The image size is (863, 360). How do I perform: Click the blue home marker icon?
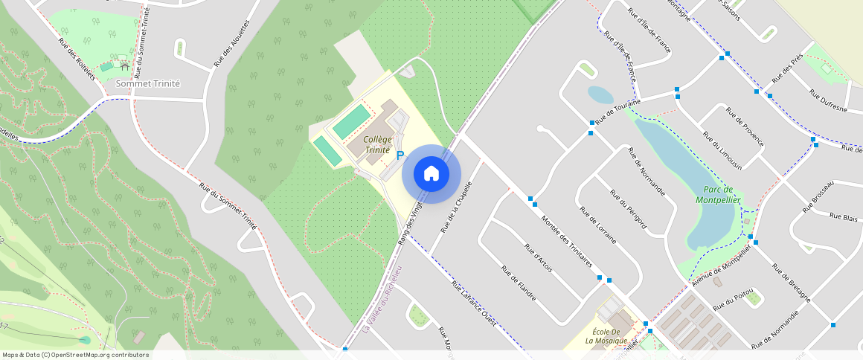[431, 174]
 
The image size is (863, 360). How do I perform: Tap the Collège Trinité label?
[377, 145]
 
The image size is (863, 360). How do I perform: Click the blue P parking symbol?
[400, 156]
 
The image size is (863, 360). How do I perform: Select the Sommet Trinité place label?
[148, 84]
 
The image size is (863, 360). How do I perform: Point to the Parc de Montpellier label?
[718, 194]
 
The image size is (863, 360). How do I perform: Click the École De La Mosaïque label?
[606, 336]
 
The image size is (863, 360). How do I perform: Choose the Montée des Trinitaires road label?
[566, 241]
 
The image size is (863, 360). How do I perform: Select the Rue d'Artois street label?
[538, 258]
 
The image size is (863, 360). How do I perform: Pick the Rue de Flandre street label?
[519, 283]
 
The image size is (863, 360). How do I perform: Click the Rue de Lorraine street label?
[598, 225]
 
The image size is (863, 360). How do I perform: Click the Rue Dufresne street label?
[828, 100]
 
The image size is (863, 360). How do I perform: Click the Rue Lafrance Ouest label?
[474, 303]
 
